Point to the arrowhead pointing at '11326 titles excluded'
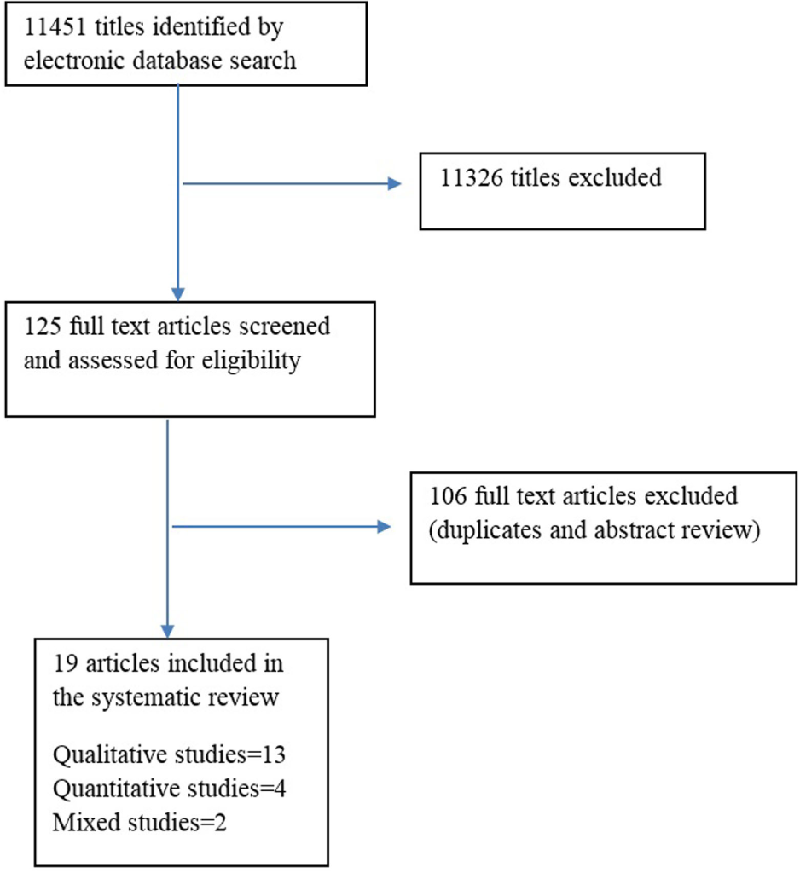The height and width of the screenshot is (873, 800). point(395,183)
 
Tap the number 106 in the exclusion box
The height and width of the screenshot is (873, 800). point(449,495)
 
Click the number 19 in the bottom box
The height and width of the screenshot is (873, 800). point(63,663)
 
